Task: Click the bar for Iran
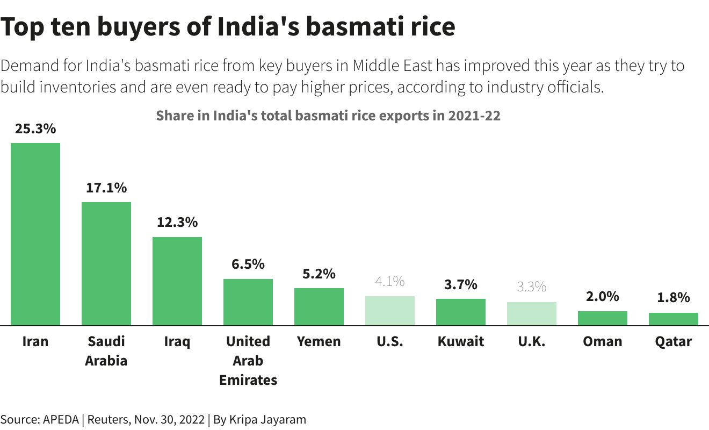[35, 234]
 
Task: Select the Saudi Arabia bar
[106, 263]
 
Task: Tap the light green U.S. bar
[390, 311]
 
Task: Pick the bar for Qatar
[674, 319]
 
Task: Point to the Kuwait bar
[461, 312]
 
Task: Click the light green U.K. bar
[532, 313]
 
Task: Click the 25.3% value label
[35, 129]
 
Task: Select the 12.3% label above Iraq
[177, 223]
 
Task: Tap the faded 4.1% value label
[390, 282]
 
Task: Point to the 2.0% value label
[603, 297]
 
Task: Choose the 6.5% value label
[248, 264]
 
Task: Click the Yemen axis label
[319, 341]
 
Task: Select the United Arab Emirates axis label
[248, 361]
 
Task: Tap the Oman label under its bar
[603, 341]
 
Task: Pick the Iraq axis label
[177, 341]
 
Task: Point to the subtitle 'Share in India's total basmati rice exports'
[328, 116]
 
